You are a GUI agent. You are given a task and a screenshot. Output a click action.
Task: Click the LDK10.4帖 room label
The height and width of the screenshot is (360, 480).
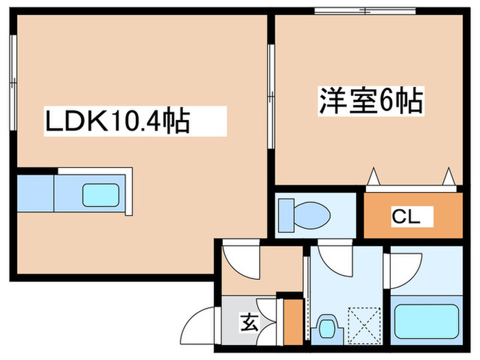pyautogui.click(x=117, y=123)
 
